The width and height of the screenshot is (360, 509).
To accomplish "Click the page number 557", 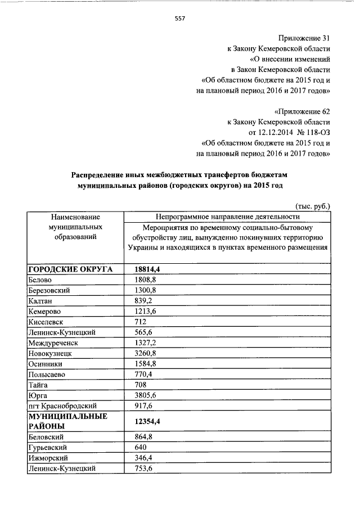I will pyautogui.click(x=180, y=18).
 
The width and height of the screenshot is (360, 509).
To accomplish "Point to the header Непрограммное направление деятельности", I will pyautogui.click(x=228, y=217).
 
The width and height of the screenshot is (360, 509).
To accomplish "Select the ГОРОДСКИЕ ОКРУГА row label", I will pyautogui.click(x=70, y=269).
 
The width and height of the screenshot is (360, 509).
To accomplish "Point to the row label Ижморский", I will pyautogui.click(x=47, y=457).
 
